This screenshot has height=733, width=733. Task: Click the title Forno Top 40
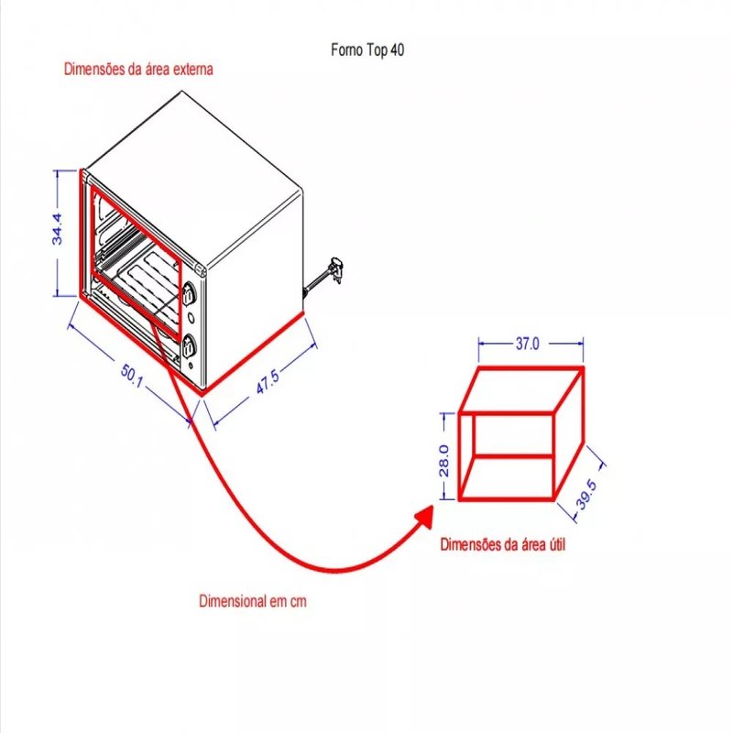click(x=366, y=50)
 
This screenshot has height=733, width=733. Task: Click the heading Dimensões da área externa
click(x=138, y=69)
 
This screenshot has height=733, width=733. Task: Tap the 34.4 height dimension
click(x=57, y=229)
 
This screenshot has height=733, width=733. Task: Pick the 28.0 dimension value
click(x=443, y=461)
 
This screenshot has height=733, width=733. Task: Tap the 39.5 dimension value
click(x=587, y=495)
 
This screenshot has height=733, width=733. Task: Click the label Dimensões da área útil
click(x=503, y=544)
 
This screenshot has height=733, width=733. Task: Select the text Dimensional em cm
click(x=252, y=602)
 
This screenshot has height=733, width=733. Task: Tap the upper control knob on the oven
click(x=190, y=295)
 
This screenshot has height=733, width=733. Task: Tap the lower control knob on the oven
click(x=190, y=346)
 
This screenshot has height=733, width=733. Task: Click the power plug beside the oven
click(x=336, y=268)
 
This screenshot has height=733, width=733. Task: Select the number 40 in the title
click(x=397, y=50)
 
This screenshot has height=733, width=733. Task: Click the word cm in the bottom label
click(x=297, y=602)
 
